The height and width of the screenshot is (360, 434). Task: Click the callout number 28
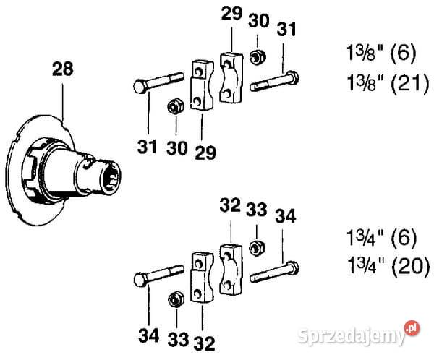(63, 69)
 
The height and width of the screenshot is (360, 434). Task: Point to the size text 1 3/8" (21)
(388, 82)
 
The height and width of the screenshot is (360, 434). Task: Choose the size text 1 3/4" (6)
(381, 237)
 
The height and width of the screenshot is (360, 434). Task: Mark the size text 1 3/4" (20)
(388, 265)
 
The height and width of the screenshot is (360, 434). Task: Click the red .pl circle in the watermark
(412, 328)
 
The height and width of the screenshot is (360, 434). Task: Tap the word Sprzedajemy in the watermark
(352, 335)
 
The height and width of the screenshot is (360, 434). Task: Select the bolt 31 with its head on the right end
(274, 80)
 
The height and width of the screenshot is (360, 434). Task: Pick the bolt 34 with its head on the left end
(159, 274)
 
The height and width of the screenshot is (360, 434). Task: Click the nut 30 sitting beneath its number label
(258, 56)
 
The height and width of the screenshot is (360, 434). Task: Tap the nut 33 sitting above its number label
(176, 300)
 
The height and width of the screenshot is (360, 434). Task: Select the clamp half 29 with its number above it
(231, 77)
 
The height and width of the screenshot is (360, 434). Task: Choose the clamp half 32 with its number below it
(202, 278)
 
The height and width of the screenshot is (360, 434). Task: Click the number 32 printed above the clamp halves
(230, 205)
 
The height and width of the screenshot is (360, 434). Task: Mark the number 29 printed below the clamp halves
(205, 153)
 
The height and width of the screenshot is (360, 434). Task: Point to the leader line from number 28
(63, 103)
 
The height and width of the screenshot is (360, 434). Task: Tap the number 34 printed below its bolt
(148, 335)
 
